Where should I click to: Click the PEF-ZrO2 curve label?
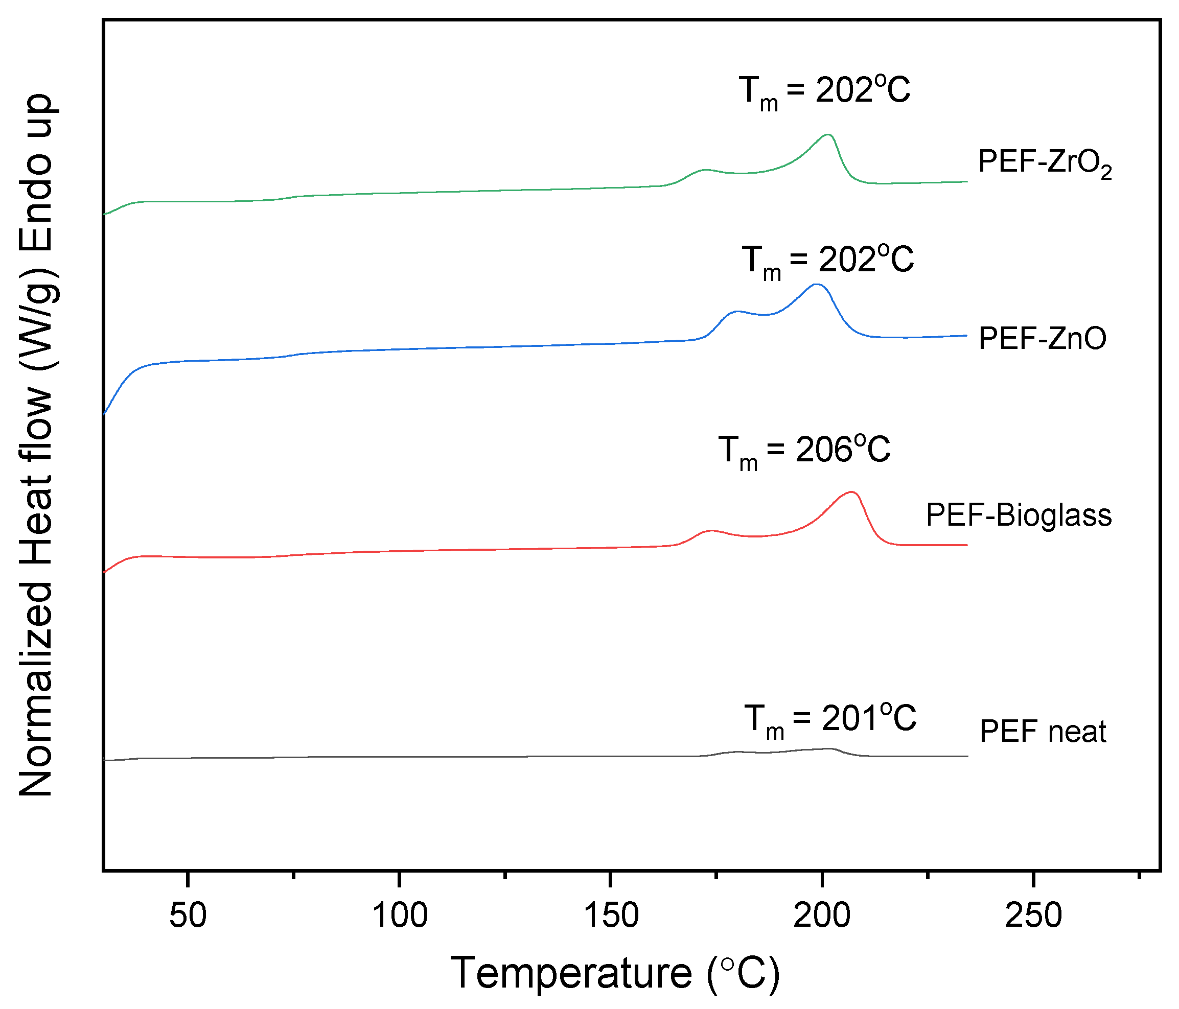pyautogui.click(x=1045, y=163)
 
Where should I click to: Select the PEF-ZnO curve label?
pyautogui.click(x=1042, y=338)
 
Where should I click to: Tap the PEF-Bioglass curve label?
pyautogui.click(x=1019, y=515)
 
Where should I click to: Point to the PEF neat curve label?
pyautogui.click(x=1043, y=732)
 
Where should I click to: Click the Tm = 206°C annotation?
pyautogui.click(x=804, y=451)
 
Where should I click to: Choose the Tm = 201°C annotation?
pyautogui.click(x=830, y=719)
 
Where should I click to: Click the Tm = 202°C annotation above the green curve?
pyautogui.click(x=824, y=91)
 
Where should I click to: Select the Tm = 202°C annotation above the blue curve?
pyautogui.click(x=827, y=261)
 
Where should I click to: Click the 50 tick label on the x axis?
pyautogui.click(x=188, y=916)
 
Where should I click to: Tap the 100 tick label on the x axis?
pyautogui.click(x=400, y=916)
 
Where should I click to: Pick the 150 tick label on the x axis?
pyautogui.click(x=611, y=916)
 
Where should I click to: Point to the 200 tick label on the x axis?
pyautogui.click(x=822, y=916)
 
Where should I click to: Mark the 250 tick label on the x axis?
pyautogui.click(x=1033, y=916)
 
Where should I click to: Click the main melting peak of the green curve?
pyautogui.click(x=828, y=135)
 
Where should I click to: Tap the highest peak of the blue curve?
pyautogui.click(x=817, y=284)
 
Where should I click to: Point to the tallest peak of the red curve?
pyautogui.click(x=852, y=492)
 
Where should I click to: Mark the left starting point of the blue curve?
pyautogui.click(x=104, y=413)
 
